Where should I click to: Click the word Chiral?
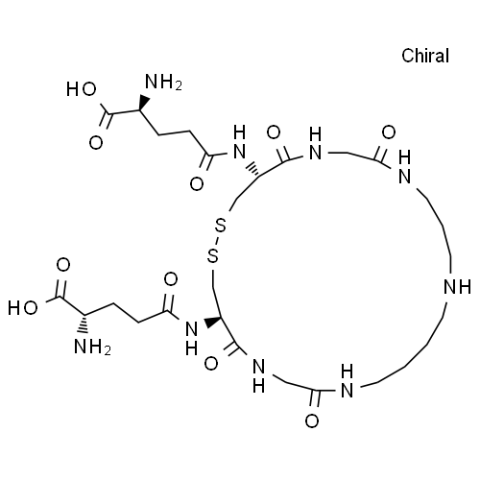click(425, 56)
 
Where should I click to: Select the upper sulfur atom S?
click(221, 225)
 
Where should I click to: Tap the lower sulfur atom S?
click(213, 255)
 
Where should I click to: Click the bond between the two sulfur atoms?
click(217, 240)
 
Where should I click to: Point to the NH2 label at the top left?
click(163, 82)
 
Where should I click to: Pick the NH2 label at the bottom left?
click(92, 347)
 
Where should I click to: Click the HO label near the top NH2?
click(82, 89)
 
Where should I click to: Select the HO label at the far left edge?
click(23, 308)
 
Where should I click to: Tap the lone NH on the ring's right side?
click(457, 286)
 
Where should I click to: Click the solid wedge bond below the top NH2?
click(144, 102)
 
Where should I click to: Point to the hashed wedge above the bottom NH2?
click(84, 324)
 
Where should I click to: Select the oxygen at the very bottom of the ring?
click(312, 420)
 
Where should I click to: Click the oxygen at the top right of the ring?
click(389, 132)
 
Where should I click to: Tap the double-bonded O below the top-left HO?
click(96, 143)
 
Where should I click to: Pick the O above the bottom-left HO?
click(63, 265)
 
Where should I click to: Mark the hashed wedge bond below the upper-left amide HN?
click(253, 170)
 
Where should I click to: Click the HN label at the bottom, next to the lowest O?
click(348, 381)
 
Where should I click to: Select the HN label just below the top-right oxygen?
click(405, 167)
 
